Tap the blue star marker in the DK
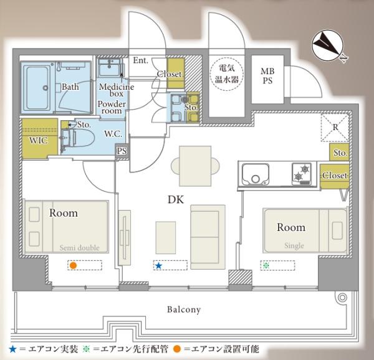pos(158,266)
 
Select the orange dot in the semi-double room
pos(73,265)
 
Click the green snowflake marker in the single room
pos(266,265)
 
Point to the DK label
pos(176,200)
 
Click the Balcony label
pos(184,310)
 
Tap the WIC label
pos(38,140)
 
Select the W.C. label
pos(113,134)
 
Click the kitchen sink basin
pos(256,174)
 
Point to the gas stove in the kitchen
pos(302,174)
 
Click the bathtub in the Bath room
pos(37,88)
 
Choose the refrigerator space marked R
pos(335,128)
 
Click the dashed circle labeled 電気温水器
pos(227,74)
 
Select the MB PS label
pos(267,76)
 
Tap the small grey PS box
pos(122,151)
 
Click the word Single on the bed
pos(294,245)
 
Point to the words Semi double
pos(79,248)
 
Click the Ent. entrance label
pos(140,60)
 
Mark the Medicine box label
pos(117,90)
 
